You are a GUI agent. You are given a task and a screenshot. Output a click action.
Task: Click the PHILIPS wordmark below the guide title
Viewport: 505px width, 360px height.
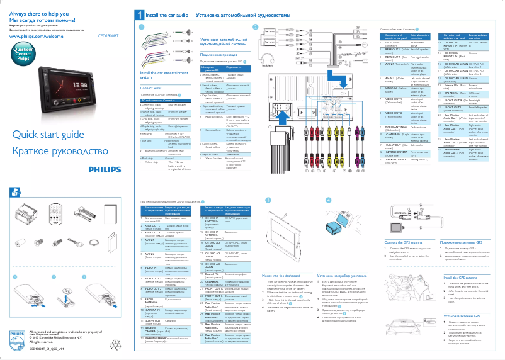[x=105, y=170]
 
